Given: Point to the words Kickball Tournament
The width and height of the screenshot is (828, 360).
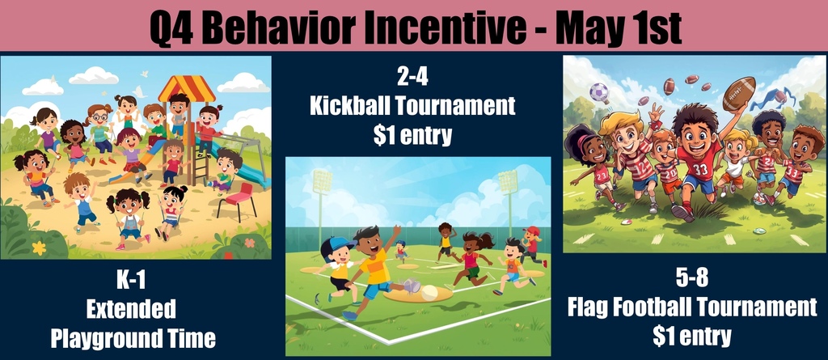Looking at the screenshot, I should pyautogui.click(x=412, y=106).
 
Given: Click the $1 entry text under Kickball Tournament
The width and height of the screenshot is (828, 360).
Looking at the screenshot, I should pyautogui.click(x=412, y=135).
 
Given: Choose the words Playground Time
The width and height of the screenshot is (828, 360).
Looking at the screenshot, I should pyautogui.click(x=133, y=337).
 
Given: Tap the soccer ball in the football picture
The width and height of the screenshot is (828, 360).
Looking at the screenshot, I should pyautogui.click(x=598, y=92).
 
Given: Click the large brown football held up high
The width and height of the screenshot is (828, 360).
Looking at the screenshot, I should pyautogui.click(x=738, y=93).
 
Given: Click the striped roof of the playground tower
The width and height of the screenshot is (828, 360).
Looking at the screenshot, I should pyautogui.click(x=186, y=87).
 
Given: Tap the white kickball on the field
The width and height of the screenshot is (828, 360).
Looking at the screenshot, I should pyautogui.click(x=429, y=293).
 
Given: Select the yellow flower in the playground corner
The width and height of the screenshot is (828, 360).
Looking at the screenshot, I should pyautogui.click(x=39, y=248).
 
